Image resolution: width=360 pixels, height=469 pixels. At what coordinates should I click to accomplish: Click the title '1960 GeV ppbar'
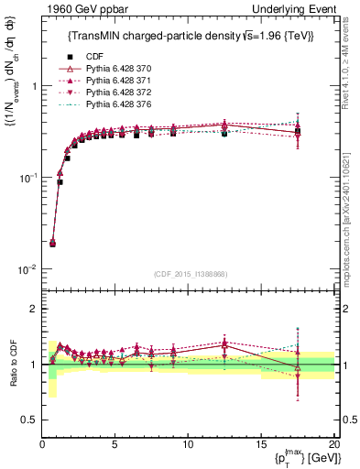(80, 9)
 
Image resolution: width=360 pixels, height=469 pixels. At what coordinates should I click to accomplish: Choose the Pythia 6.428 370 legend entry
(111, 70)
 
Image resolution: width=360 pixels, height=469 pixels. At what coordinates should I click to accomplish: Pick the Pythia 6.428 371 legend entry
(111, 82)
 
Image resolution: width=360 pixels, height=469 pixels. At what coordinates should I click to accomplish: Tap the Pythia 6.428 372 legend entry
(111, 93)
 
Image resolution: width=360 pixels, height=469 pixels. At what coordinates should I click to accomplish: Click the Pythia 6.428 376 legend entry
(111, 105)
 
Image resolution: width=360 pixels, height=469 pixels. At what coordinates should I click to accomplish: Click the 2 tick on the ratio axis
(34, 309)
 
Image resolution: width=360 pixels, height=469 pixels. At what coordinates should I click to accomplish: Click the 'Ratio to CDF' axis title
(12, 364)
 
